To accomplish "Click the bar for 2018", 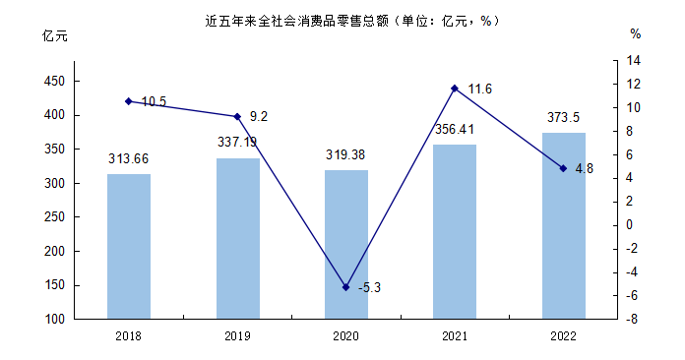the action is pos(129,247).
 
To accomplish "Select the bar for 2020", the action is pos(346,244).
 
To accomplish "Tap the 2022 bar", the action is pos(564,225).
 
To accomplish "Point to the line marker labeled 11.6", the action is pos(455,89).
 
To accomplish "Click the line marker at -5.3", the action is pos(346,287).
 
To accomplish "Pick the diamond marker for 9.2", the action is pos(237,117).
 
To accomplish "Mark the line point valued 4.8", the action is pos(563,168).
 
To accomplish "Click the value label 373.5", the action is pos(563,117).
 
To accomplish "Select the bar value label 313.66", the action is pos(128,158).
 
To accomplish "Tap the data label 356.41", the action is pos(455,130).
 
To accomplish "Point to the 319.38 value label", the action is pos(345,154).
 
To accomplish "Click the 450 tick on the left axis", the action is pos(54,82).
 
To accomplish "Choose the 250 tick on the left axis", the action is pos(54,216).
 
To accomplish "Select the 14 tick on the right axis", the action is pos(633,60).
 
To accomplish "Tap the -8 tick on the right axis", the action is pos(632,319).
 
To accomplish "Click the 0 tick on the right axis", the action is pos(629,224).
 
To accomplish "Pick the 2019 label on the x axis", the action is pos(237,336).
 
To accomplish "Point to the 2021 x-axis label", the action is pos(455,336).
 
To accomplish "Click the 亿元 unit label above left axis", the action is pos(54,35).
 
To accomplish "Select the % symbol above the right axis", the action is pos(636,34).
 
